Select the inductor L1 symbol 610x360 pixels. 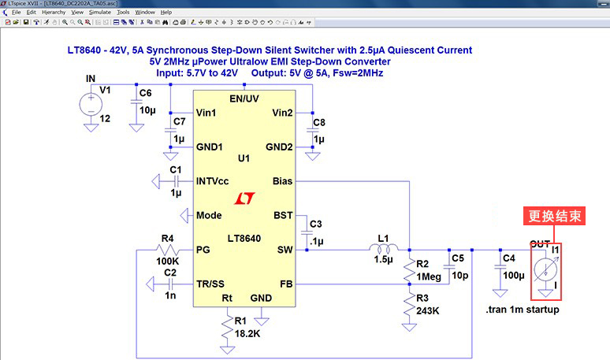click(383, 250)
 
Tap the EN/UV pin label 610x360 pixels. click(244, 98)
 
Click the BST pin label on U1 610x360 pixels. click(282, 215)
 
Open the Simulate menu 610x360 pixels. click(99, 13)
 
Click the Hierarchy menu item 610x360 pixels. click(54, 13)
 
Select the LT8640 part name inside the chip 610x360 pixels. click(244, 238)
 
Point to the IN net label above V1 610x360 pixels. click(90, 78)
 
